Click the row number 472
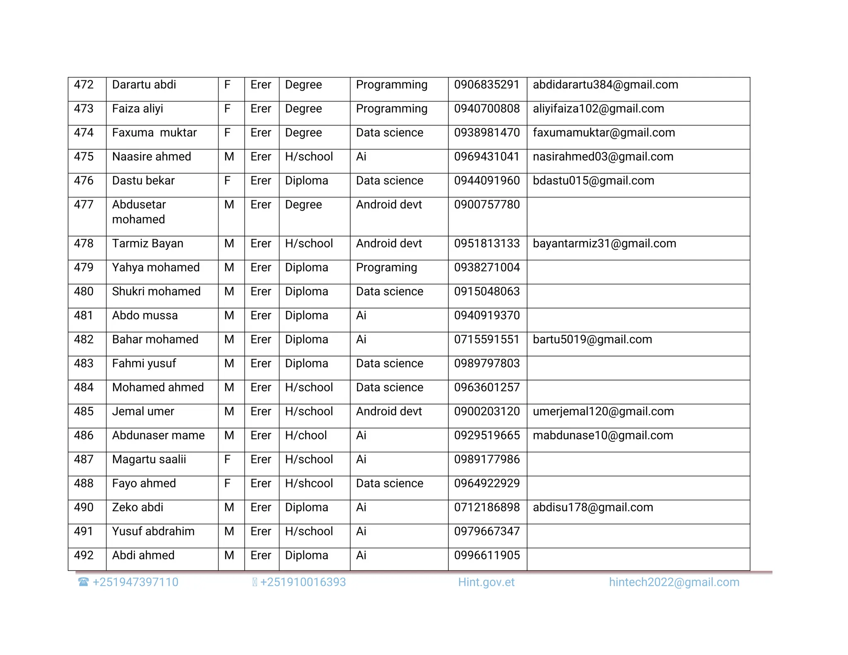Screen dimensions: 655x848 click(x=84, y=85)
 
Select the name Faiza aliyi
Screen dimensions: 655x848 click(x=137, y=109)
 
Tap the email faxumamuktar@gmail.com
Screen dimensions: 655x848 click(x=604, y=133)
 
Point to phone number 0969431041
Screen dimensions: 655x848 click(x=487, y=157)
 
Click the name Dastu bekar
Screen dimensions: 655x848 click(x=143, y=181)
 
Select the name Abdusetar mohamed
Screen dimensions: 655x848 click(x=139, y=212)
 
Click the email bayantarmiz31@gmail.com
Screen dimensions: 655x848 click(x=604, y=244)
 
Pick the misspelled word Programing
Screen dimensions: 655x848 click(x=386, y=268)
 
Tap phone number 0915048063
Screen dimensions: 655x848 click(x=487, y=292)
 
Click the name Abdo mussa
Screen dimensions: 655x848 click(x=145, y=316)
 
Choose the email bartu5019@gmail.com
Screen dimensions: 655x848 click(x=592, y=340)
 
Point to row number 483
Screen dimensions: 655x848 click(x=84, y=364)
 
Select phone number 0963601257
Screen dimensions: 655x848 click(x=487, y=388)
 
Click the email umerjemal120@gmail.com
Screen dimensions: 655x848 click(x=603, y=412)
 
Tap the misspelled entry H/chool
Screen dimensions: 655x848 click(x=306, y=436)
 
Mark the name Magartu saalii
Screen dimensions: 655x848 click(x=149, y=460)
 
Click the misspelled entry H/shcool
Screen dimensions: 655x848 click(x=309, y=484)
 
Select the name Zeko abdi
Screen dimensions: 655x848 click(x=137, y=508)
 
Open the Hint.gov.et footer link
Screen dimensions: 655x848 click(x=486, y=583)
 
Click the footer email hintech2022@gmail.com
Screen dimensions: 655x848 click(x=674, y=583)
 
